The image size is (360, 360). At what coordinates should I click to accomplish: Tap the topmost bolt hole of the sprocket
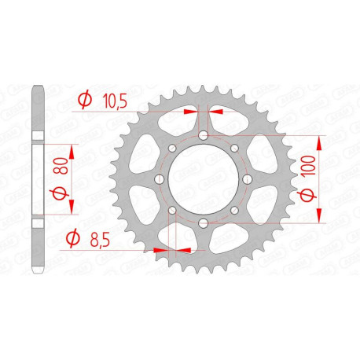pos(203,137)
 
